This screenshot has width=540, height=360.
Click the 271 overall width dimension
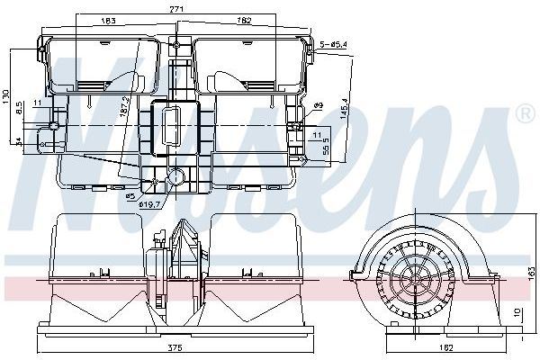176,8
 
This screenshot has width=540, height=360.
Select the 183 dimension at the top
108,20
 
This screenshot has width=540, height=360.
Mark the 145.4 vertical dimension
345,111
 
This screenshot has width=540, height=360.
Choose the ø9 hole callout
318,106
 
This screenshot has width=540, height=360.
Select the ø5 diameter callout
130,195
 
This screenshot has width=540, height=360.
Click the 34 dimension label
18,140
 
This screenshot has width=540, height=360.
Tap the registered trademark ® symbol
524,114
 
